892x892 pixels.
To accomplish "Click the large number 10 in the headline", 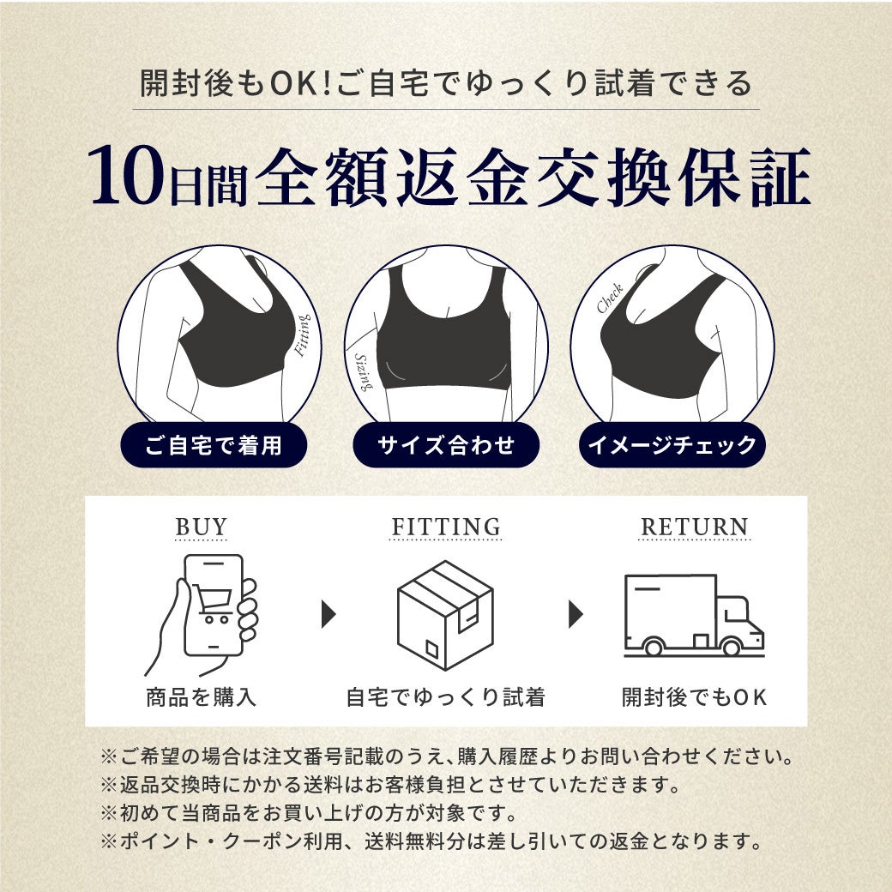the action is tap(125, 176).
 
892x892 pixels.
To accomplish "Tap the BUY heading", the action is tap(201, 527).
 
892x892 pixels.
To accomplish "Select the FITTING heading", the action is tap(446, 527).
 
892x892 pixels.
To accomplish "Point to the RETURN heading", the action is tap(694, 527).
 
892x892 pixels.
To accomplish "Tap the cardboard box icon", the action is tap(445, 615).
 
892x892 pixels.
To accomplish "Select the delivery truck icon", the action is tap(694, 615).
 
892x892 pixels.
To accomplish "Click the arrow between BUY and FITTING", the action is tap(328, 614).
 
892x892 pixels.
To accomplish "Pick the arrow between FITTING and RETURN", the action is tap(576, 614).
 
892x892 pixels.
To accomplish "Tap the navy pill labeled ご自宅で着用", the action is tap(214, 445).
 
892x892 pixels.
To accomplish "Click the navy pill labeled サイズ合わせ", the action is tap(446, 445).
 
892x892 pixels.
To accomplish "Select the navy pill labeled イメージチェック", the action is tap(672, 445).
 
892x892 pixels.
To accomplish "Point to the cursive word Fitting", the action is tap(302, 335).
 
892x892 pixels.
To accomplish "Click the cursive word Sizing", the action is tap(364, 372).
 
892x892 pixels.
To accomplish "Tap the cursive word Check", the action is tap(610, 298).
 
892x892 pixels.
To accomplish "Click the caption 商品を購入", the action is tap(202, 696).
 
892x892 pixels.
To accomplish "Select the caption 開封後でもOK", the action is tap(694, 696).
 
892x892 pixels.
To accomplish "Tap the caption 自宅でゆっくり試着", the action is tap(446, 696).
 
